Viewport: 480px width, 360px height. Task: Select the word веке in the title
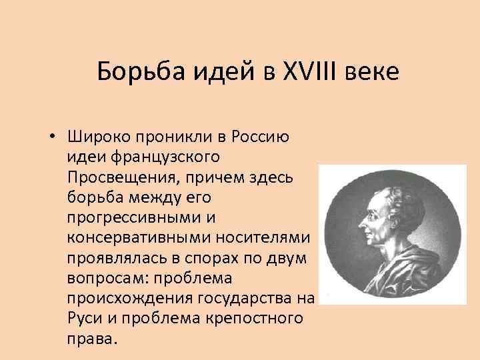pyautogui.click(x=373, y=71)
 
